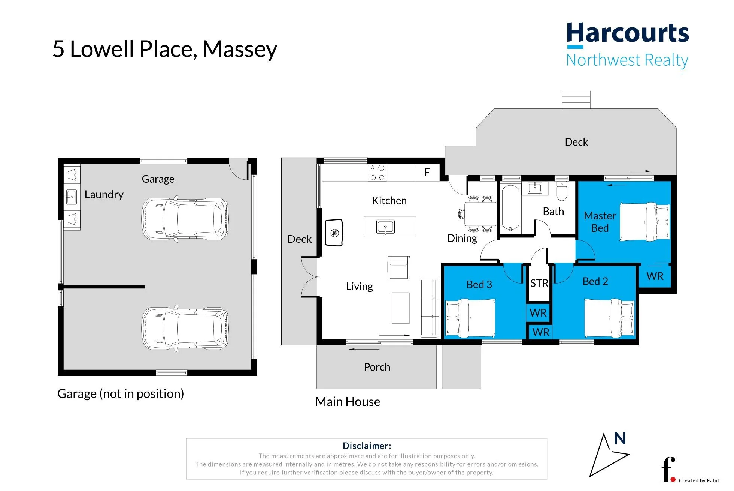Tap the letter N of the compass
click(620, 438)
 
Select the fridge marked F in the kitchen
click(427, 172)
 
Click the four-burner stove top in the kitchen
click(377, 173)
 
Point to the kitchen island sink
click(385, 227)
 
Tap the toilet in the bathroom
click(562, 191)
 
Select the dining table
click(481, 214)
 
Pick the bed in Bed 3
click(471, 318)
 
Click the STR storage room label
click(539, 283)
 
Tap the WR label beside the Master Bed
click(655, 276)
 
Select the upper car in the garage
click(185, 218)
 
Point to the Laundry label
click(104, 195)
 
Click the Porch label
click(377, 367)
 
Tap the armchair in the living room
click(398, 267)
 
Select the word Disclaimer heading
click(367, 446)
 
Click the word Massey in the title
click(240, 50)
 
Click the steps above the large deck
click(576, 100)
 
